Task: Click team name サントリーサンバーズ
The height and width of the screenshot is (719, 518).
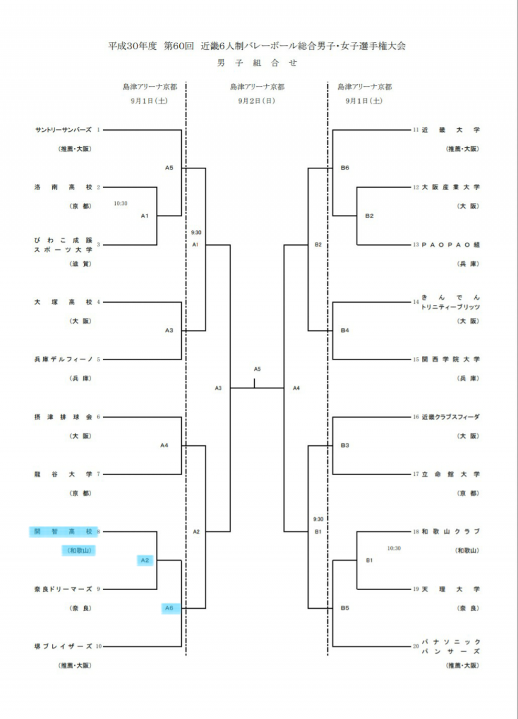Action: [64, 130]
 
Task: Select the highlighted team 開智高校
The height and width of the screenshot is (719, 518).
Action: [64, 532]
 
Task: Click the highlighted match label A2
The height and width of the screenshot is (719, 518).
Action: [145, 560]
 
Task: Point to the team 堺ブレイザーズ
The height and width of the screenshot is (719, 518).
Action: [64, 646]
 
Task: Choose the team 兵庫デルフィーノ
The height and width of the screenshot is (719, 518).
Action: [64, 359]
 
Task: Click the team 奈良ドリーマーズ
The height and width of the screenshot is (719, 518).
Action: [64, 589]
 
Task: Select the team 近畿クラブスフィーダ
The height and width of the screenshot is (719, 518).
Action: [451, 417]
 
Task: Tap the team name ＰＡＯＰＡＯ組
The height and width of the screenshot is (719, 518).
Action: [451, 245]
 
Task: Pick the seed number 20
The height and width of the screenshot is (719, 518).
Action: [416, 646]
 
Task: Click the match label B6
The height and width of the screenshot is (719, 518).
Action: [345, 168]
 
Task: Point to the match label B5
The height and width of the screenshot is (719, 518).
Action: [345, 608]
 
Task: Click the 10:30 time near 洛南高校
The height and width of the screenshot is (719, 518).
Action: [121, 204]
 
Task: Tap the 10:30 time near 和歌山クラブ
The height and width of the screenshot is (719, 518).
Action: [394, 548]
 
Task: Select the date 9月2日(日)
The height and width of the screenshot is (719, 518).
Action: [257, 101]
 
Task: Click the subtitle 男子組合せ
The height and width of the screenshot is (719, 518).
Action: [257, 63]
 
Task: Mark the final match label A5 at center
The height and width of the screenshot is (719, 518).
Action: [257, 369]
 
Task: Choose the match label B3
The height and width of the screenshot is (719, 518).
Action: [345, 445]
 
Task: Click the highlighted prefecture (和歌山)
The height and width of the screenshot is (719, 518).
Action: [79, 551]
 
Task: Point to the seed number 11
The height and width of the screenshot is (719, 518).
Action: [416, 130]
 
